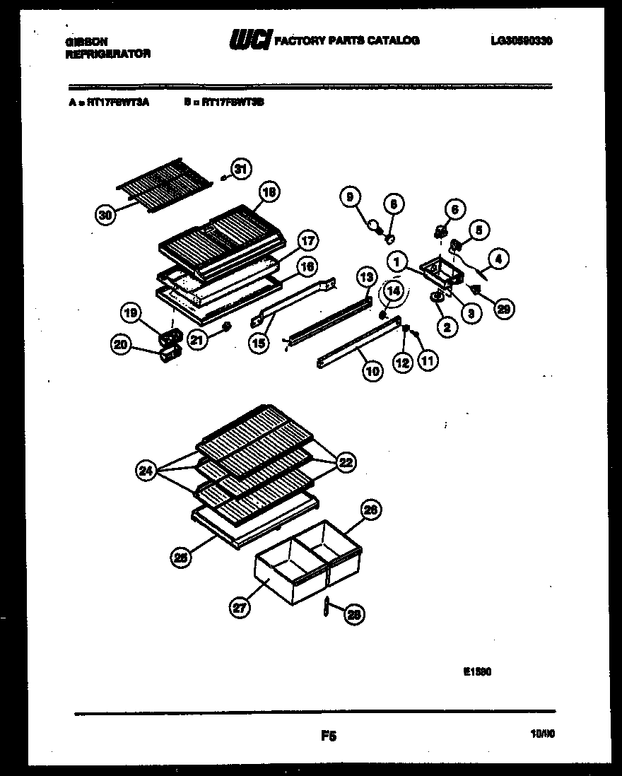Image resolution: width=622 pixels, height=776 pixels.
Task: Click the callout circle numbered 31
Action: pos(242,169)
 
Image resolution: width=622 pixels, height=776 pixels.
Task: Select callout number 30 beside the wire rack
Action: pos(105,216)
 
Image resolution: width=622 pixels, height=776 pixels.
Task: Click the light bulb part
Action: pos(372,225)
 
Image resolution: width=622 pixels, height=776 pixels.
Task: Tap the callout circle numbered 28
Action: pos(353,616)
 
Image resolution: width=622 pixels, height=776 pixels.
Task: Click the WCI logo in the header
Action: pos(250,41)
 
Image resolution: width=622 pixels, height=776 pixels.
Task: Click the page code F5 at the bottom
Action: pos(328,736)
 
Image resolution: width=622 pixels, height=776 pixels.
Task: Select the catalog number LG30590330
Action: pos(521,41)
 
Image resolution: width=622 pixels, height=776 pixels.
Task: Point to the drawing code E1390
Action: pos(477,672)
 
